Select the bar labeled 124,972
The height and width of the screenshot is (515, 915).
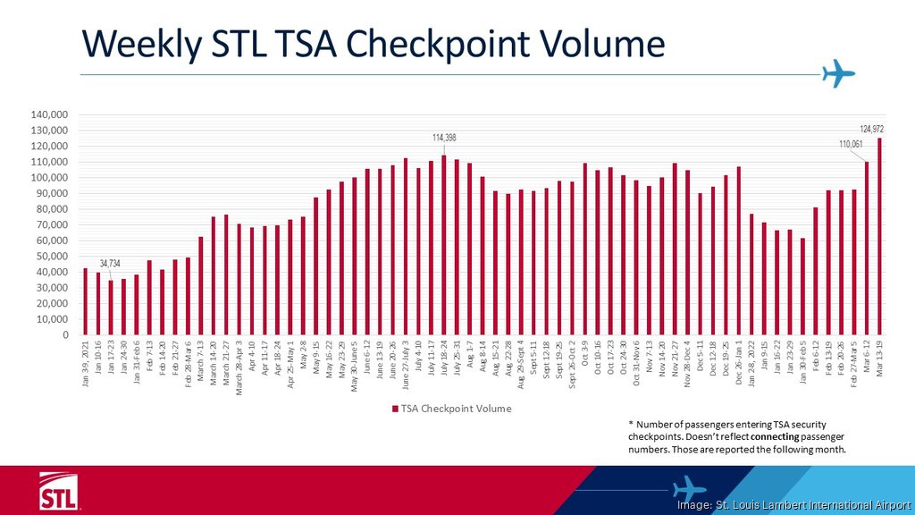879,237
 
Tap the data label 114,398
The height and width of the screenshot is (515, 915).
444,137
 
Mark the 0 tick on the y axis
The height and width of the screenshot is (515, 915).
67,335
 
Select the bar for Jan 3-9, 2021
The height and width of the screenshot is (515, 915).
85,301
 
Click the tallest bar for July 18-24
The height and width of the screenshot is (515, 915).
444,245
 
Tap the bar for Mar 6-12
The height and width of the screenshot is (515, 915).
867,249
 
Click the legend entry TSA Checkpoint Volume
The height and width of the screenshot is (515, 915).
451,408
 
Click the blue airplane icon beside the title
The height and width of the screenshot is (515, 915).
838,73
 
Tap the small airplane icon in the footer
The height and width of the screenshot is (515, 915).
688,488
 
